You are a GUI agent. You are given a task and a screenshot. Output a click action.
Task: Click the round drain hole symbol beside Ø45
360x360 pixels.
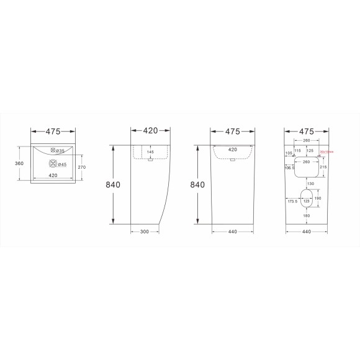tap(53, 164)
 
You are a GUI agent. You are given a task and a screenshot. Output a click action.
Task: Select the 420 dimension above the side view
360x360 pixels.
tap(150, 131)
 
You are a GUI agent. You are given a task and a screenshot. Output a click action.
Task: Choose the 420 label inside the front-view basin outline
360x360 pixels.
tap(232, 150)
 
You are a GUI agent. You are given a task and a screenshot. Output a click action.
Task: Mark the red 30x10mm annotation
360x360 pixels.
tap(326, 151)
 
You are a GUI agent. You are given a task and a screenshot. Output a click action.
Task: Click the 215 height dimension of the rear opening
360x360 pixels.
tap(323, 167)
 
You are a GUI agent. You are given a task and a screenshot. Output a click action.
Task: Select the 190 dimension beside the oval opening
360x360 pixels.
tap(318, 198)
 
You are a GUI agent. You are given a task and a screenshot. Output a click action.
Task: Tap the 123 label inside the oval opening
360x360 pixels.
tap(307, 201)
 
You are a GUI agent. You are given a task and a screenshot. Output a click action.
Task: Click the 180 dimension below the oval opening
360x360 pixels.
tap(307, 215)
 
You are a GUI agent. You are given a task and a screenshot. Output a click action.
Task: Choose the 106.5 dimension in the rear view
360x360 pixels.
tap(289, 167)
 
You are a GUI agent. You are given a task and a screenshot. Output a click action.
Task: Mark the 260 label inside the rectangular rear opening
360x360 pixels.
tap(307, 162)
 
